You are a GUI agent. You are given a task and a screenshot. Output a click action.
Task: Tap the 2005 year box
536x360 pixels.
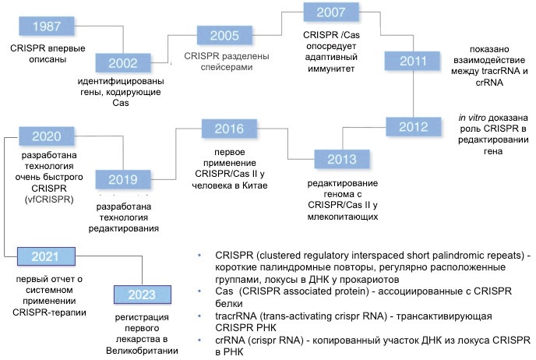pos(224,35)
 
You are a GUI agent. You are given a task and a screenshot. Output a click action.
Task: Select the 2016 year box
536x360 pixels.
pos(229,128)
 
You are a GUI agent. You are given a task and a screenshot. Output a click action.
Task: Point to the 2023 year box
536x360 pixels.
pos(144,295)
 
